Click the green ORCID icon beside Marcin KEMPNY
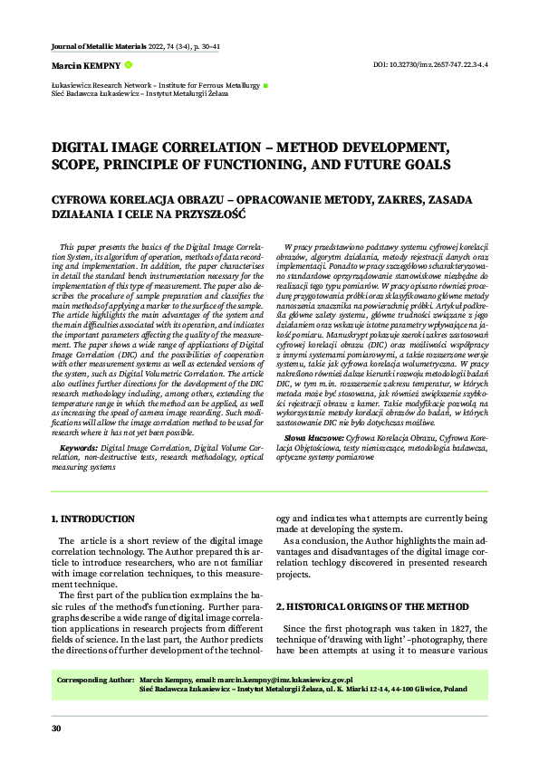128,65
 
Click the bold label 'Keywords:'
78,448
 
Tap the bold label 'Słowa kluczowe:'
307,435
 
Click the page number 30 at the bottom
56,729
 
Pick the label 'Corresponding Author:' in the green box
95,679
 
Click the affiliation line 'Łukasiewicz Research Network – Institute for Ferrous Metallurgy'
155,85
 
